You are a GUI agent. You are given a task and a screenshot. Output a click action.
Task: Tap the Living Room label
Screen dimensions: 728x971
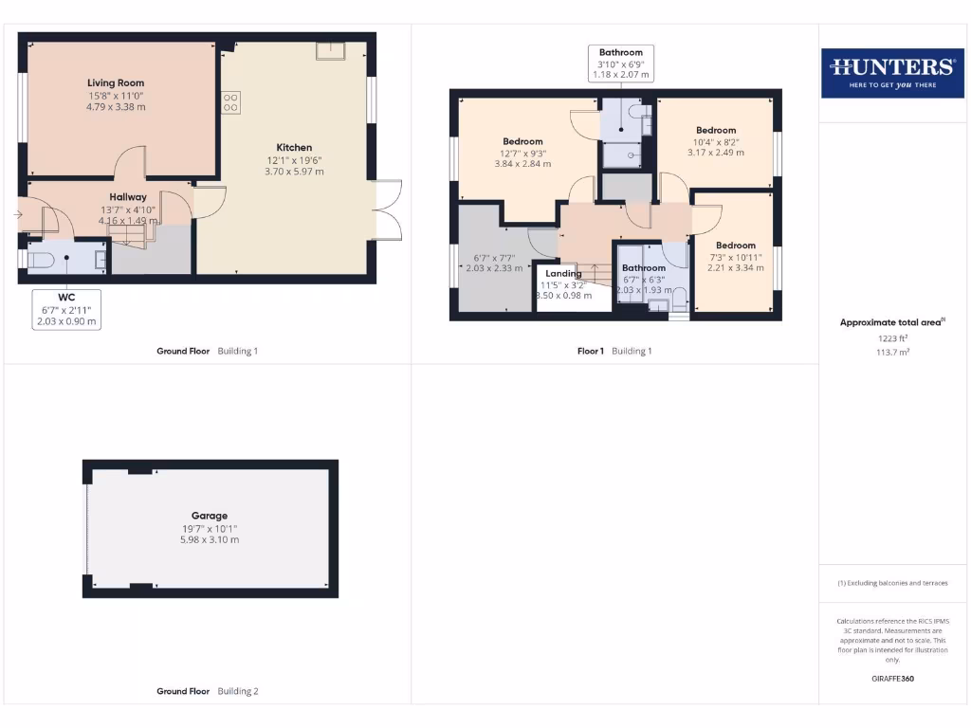point(116,83)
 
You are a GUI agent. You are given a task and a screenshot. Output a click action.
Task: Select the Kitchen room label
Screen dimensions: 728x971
point(294,148)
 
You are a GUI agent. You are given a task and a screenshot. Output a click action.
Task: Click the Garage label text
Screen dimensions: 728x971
point(210,517)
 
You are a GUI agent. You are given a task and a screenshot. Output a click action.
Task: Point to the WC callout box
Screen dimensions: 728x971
point(67,309)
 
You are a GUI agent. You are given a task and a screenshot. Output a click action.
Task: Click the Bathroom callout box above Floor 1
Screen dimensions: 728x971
point(621,64)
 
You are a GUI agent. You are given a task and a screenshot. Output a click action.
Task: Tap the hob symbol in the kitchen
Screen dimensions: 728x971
point(230,102)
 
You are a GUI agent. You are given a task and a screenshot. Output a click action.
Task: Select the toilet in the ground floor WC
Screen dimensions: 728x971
point(40,258)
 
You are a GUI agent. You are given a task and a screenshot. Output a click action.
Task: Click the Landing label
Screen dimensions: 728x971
point(564,274)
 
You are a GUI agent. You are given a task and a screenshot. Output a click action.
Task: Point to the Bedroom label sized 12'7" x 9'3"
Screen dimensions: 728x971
point(522,142)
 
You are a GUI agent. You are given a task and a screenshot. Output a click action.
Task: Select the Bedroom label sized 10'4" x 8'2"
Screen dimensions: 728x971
point(715,131)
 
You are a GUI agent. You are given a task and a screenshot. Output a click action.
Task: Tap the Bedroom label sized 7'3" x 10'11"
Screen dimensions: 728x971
point(735,246)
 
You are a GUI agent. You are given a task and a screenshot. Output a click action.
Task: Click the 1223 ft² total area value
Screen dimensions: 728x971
point(892,337)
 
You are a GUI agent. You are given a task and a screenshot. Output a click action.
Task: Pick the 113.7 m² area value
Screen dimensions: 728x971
point(892,352)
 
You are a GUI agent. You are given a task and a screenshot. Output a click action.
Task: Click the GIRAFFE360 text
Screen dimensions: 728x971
point(892,679)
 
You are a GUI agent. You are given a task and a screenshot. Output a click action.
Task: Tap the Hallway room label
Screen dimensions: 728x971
point(128,197)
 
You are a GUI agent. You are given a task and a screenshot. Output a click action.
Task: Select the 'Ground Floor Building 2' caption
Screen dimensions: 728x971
point(207,691)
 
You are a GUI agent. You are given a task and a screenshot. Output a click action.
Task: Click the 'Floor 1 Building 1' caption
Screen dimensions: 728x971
point(614,351)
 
